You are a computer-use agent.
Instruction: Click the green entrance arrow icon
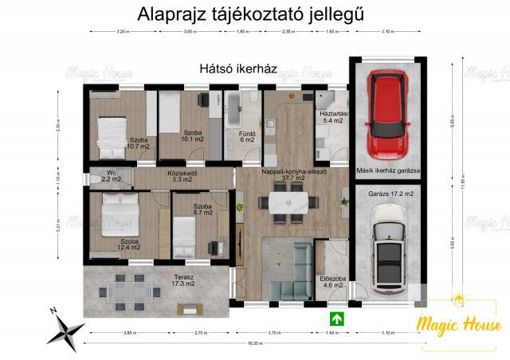coord(338,319)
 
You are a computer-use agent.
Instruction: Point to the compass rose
coord(65,327)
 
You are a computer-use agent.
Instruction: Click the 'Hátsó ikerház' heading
coord(238,69)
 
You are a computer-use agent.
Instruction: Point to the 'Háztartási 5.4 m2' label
coord(331,118)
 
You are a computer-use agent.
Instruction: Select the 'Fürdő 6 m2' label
coord(247,136)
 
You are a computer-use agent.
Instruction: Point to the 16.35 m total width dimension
coord(255,342)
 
